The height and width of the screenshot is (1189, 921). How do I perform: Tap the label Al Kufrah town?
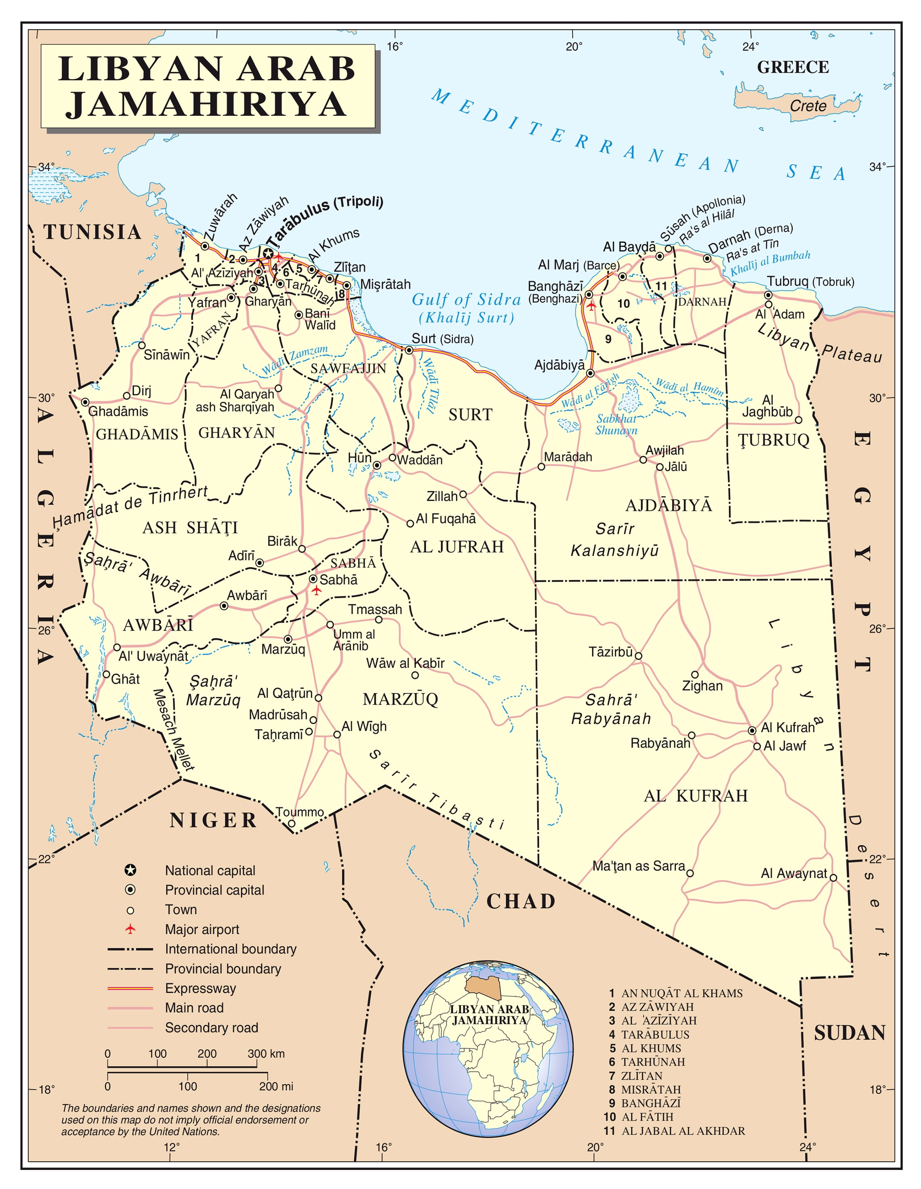788,728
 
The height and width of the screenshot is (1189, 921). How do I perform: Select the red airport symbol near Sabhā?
316,590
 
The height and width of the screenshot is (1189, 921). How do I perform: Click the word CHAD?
521,902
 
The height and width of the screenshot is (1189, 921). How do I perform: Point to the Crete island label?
808,106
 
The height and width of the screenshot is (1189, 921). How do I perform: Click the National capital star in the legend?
130,870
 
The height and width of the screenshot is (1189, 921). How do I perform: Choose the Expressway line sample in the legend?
130,988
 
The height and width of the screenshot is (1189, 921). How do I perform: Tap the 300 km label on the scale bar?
266,1053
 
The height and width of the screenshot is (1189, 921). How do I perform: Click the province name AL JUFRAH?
456,547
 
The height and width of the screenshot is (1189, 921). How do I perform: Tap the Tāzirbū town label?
610,652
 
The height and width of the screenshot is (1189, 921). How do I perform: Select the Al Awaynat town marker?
833,878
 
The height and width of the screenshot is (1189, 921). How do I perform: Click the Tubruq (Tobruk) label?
810,281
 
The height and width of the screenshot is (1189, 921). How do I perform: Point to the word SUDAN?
849,1033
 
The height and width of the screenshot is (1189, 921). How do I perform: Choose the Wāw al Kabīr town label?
405,663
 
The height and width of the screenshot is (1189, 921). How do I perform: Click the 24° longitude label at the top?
750,47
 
